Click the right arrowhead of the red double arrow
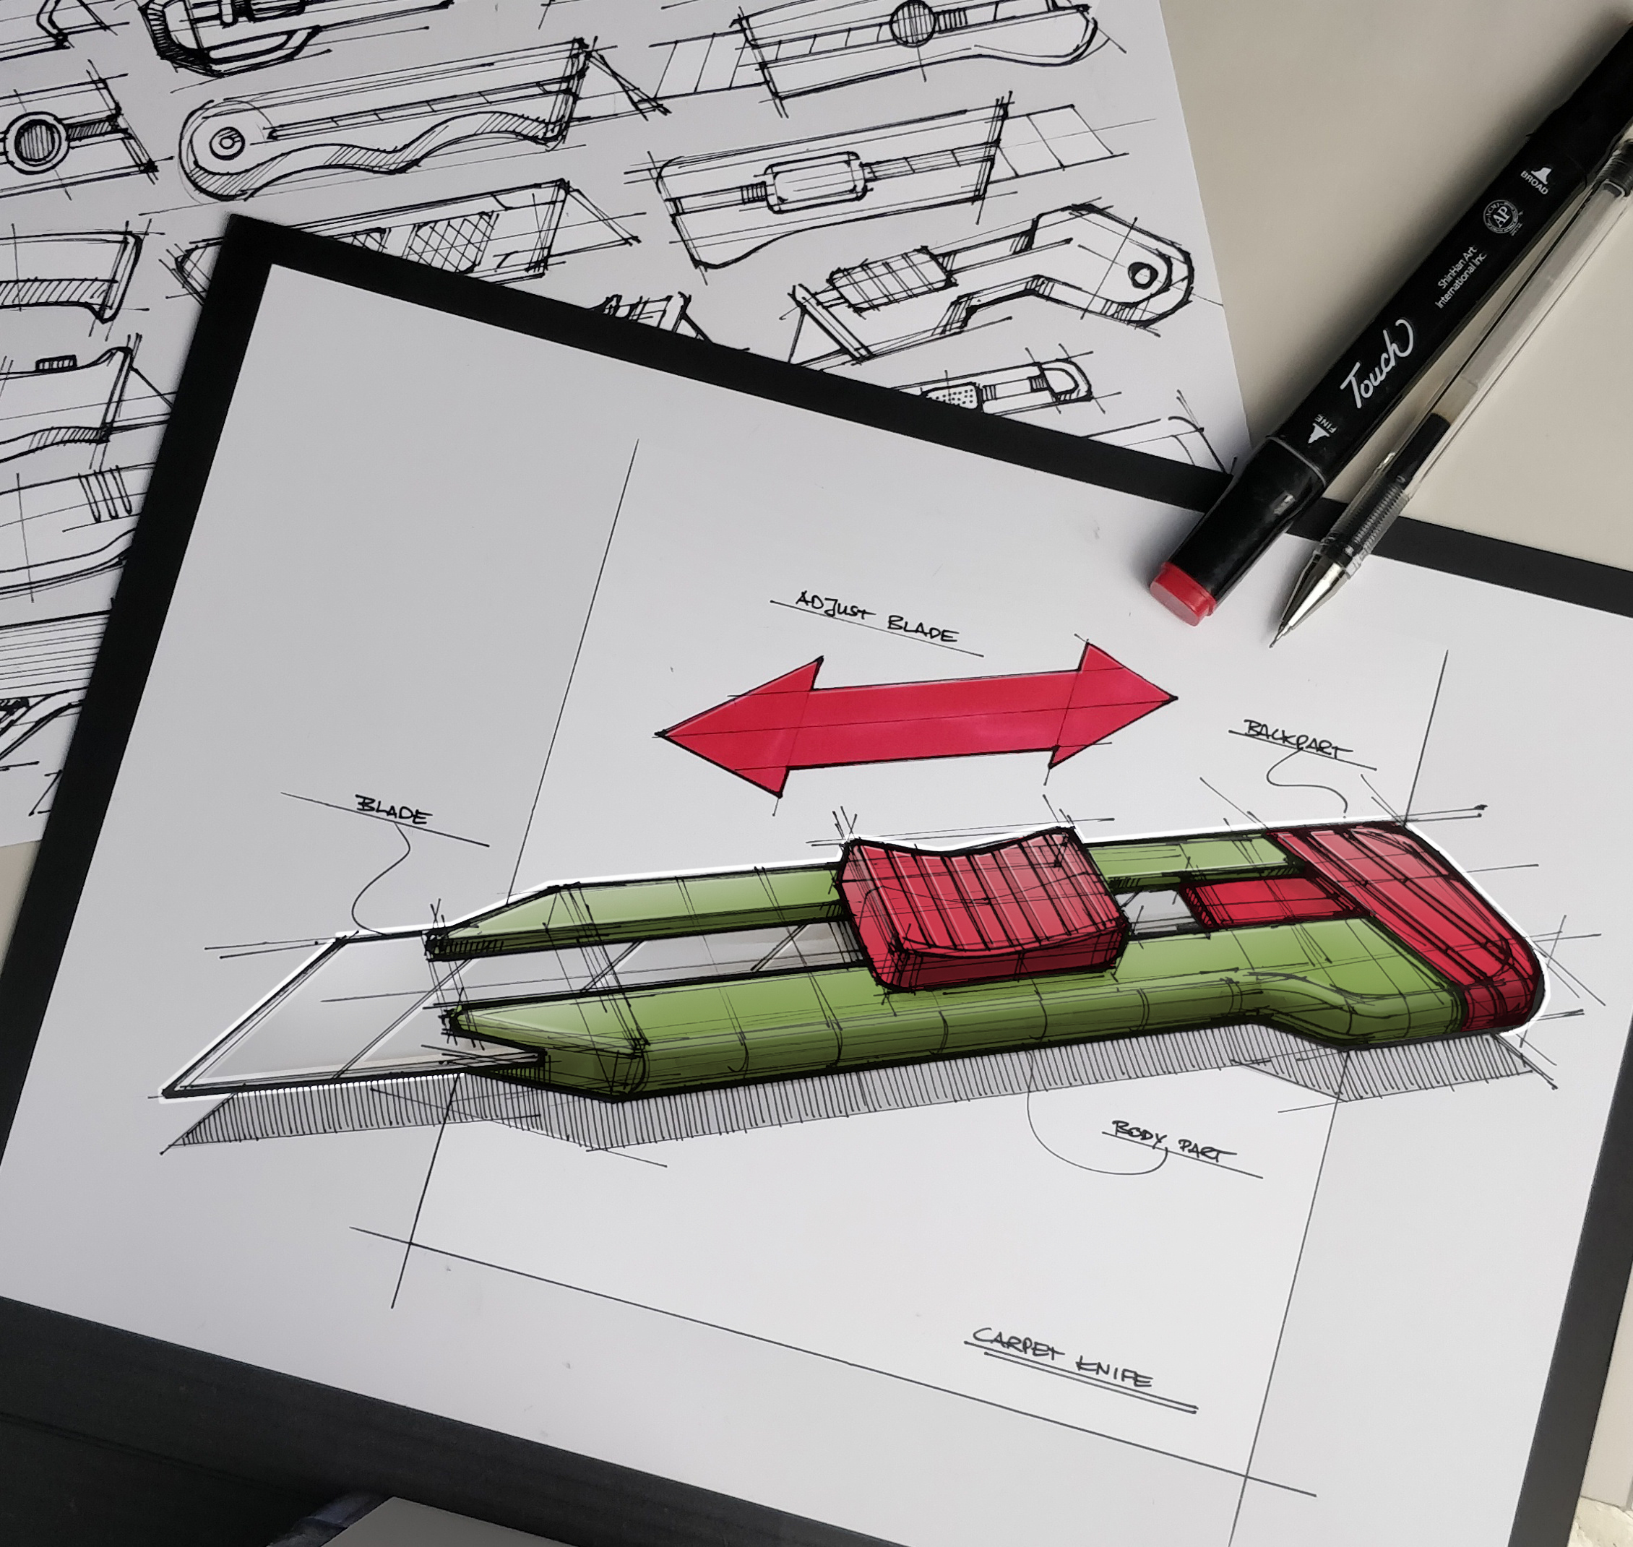[x=1113, y=701]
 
